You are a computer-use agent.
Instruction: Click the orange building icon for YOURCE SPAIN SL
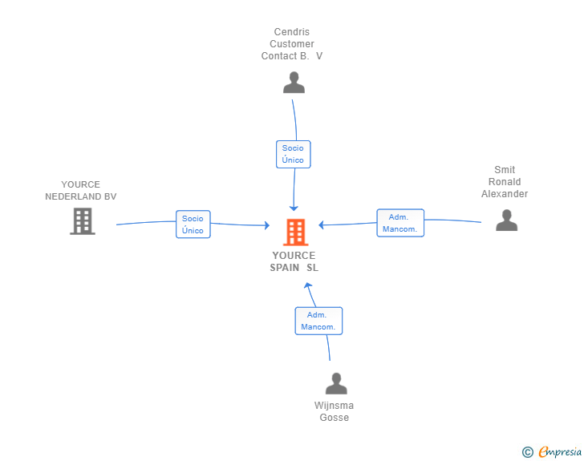tap(296, 233)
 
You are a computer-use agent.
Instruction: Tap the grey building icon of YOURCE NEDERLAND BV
tap(83, 221)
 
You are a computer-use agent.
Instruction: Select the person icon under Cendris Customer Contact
tap(294, 83)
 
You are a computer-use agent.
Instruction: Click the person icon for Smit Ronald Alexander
tap(506, 220)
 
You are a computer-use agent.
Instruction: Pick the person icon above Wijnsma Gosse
tap(336, 383)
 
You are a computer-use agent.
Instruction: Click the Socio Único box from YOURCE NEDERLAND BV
tap(193, 224)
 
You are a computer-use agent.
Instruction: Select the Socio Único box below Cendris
tap(293, 154)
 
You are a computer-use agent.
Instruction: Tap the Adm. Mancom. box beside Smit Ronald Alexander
tap(400, 223)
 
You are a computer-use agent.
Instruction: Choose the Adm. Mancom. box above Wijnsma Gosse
tap(318, 321)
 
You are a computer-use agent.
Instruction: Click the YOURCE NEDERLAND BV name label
tap(81, 190)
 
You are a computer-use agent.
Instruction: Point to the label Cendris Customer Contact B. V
tap(292, 44)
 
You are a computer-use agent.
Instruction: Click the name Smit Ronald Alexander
tap(505, 182)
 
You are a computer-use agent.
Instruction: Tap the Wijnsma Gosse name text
tap(334, 411)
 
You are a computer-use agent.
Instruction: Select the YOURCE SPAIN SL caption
tap(294, 261)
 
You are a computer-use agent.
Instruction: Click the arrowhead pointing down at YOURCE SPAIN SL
tap(294, 208)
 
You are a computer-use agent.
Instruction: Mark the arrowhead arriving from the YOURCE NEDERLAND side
tap(266, 225)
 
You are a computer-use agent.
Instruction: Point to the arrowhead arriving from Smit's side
tap(321, 224)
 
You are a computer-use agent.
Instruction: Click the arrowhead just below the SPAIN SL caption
tap(308, 285)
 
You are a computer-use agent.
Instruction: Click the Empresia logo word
tap(560, 451)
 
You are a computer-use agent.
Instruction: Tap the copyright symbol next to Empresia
tap(527, 452)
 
